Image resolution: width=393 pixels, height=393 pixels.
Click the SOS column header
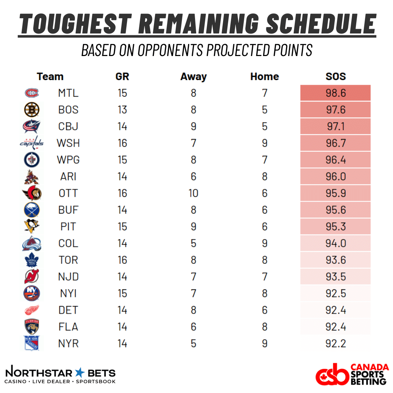coord(335,77)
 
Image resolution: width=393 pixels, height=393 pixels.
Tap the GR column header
coord(122,77)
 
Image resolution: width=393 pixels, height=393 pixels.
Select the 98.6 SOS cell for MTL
coord(335,93)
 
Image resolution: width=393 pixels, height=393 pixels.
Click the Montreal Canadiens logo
coord(31,93)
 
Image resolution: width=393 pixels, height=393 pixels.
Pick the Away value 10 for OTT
coord(193,193)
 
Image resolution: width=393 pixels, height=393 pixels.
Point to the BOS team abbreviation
coord(68,110)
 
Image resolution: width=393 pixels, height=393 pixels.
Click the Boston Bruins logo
coord(31,110)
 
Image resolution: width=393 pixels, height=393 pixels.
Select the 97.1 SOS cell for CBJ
coord(335,127)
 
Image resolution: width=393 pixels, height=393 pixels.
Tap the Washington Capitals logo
coord(31,143)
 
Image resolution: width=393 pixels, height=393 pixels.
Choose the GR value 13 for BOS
coord(122,110)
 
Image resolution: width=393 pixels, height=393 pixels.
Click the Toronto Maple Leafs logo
coord(31,260)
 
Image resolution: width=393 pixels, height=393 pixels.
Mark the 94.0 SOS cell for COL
coord(335,243)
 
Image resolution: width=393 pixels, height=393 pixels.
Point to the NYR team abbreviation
coord(68,344)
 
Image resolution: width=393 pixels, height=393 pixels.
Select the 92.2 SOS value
coord(335,344)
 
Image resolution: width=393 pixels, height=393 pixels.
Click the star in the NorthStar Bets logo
coord(79,373)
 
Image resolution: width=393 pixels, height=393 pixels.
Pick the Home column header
coord(265,77)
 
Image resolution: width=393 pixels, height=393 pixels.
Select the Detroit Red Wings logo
coord(31,310)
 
